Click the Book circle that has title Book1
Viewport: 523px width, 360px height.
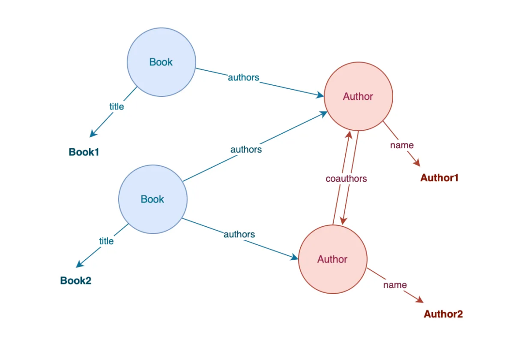(x=161, y=62)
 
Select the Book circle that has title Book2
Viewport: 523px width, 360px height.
(x=153, y=199)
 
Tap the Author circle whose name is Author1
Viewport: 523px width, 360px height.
(x=358, y=96)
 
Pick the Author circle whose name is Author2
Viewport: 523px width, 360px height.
(x=332, y=259)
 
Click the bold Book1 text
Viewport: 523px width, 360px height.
(x=84, y=152)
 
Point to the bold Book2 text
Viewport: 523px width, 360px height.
(x=76, y=281)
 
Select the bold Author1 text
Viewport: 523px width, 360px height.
(x=439, y=178)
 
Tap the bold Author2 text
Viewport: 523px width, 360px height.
(x=443, y=314)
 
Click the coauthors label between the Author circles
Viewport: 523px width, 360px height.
(x=346, y=179)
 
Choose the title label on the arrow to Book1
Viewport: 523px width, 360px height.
(x=117, y=107)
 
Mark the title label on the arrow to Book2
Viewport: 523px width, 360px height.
(x=107, y=241)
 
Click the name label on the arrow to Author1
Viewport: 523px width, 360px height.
(x=402, y=145)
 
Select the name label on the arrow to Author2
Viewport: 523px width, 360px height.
(x=395, y=285)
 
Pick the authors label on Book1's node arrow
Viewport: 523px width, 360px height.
(x=244, y=78)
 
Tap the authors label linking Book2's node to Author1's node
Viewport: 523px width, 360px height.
(x=246, y=150)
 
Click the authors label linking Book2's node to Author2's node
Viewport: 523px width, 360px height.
(x=239, y=235)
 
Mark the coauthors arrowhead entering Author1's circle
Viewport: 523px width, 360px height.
(x=348, y=135)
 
